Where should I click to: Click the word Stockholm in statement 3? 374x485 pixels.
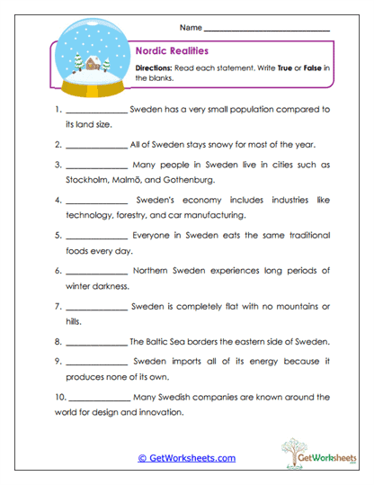(x=88, y=180)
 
